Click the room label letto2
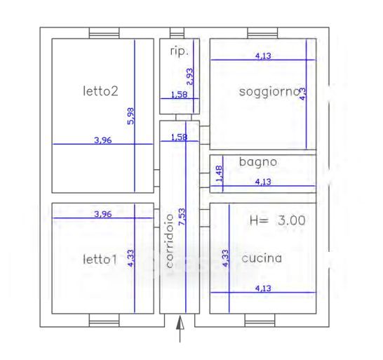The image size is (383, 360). pos(100,91)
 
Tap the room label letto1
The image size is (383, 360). pos(100,260)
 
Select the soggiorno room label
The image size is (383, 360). pos(269,93)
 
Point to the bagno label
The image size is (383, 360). pos(258,162)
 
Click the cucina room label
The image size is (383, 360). pos(262,258)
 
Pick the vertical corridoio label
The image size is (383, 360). pos(169,241)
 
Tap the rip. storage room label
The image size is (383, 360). pos(180,51)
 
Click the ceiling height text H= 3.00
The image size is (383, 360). pos(278,220)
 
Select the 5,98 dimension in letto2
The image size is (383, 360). pos(130,116)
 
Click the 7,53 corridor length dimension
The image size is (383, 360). pos(182,217)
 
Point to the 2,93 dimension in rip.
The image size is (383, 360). pos(189,76)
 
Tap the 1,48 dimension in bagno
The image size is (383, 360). pos(219,173)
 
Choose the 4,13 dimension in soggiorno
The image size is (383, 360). pos(263,56)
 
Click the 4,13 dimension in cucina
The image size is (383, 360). pos(263,288)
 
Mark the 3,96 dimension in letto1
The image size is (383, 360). pos(103,214)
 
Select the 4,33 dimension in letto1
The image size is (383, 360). pos(130,258)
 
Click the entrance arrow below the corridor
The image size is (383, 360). pos(180,329)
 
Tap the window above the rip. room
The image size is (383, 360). pos(177,33)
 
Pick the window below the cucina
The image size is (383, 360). pos(260,321)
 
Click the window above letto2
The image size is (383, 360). pos(105,33)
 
